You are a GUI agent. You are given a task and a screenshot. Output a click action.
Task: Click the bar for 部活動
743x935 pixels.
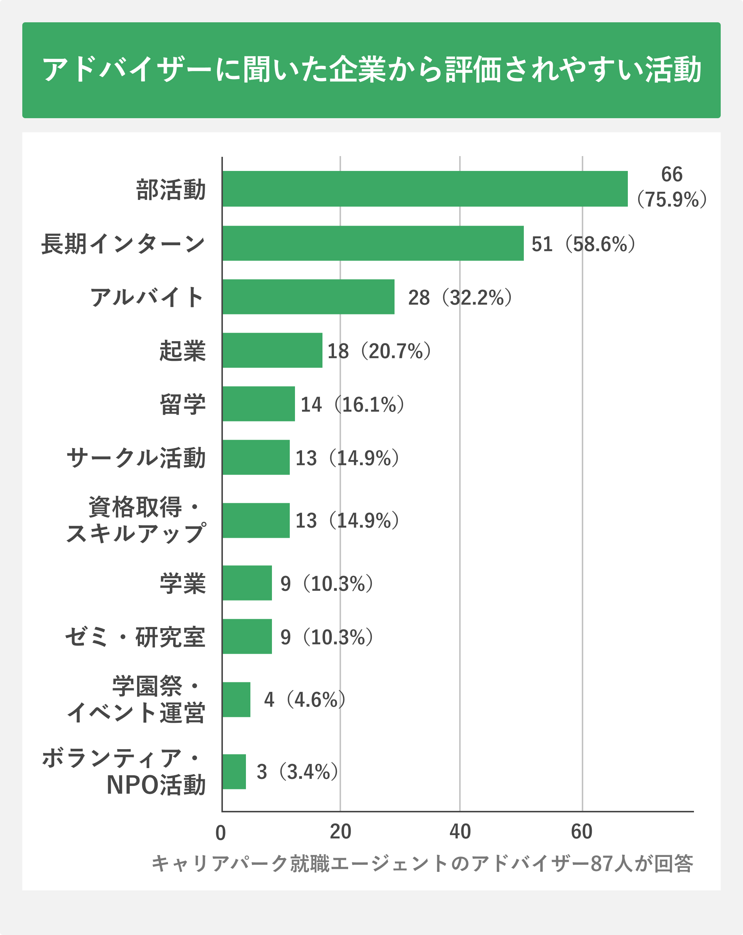point(425,189)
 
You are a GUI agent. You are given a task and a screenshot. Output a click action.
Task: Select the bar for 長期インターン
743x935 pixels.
point(373,243)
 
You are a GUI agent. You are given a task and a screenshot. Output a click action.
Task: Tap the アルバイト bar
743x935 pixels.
point(308,297)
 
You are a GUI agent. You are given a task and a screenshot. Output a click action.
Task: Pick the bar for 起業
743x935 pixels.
point(272,350)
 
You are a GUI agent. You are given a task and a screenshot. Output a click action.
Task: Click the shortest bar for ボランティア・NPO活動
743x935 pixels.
point(234,771)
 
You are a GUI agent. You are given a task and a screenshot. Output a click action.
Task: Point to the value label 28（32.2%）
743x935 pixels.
point(460,298)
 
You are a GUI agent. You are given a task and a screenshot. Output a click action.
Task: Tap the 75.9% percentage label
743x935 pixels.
point(672,200)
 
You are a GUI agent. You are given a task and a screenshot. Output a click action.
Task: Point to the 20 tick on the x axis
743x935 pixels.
point(340,831)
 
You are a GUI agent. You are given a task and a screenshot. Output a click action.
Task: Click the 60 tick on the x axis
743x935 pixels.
point(581,831)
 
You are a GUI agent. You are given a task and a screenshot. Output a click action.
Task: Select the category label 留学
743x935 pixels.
point(182,404)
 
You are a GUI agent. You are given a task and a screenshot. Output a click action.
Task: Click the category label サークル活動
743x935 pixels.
point(136,458)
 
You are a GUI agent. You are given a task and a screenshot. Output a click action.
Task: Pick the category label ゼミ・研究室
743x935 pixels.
point(135,637)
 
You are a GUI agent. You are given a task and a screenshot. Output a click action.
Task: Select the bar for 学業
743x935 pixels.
point(247,583)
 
